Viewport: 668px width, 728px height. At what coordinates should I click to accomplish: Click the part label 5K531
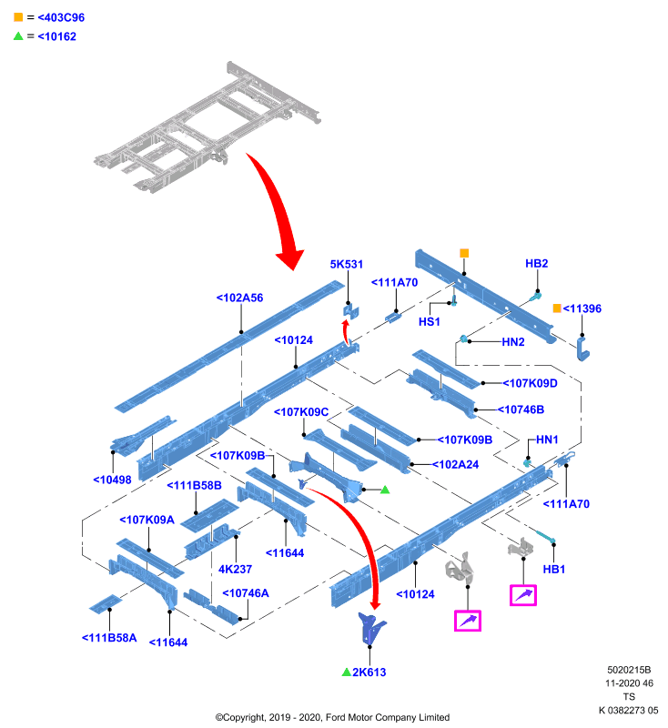click(x=347, y=264)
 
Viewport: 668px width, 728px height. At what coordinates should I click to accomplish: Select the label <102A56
click(x=239, y=298)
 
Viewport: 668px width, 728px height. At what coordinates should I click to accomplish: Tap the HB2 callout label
click(x=537, y=263)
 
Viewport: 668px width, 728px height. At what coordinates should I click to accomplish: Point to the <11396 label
click(x=582, y=308)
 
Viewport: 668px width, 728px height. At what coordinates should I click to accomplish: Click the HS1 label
click(x=429, y=322)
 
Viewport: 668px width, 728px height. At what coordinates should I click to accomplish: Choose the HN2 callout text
click(x=513, y=342)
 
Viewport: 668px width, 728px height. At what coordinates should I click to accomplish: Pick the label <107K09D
click(x=531, y=383)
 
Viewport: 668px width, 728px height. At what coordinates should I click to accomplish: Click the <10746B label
click(x=521, y=409)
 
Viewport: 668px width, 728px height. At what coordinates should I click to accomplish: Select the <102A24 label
click(x=455, y=464)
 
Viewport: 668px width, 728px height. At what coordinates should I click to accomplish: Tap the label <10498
click(x=112, y=480)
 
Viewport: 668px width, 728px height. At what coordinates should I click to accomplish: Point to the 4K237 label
click(x=235, y=569)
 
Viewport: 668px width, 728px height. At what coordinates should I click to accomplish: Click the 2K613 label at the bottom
click(x=369, y=672)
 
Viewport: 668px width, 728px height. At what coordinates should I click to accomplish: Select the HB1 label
click(x=554, y=569)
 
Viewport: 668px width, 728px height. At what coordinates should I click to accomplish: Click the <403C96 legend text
click(x=61, y=17)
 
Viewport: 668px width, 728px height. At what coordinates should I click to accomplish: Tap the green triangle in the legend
click(x=18, y=35)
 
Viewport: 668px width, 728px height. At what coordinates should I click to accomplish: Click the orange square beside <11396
click(x=557, y=308)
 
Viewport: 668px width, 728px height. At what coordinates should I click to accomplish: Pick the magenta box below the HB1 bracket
click(x=523, y=595)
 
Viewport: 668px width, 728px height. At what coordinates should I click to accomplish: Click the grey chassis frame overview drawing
click(x=207, y=127)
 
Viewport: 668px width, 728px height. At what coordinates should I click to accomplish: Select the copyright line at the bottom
click(x=332, y=717)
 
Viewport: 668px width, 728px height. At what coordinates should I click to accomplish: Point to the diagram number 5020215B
click(x=629, y=670)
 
